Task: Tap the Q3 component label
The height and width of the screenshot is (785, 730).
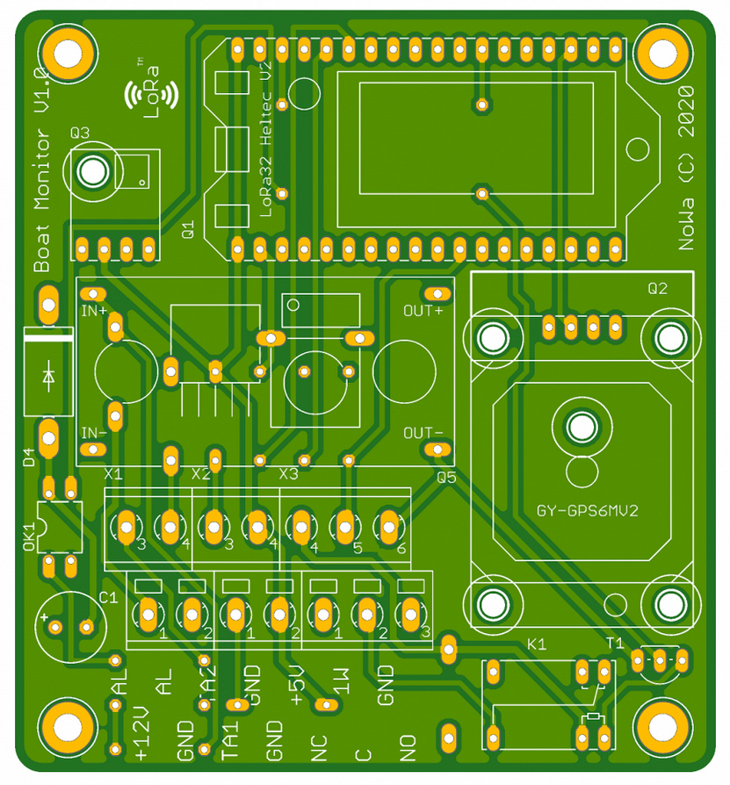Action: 80,133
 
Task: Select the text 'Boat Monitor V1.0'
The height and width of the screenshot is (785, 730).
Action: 40,167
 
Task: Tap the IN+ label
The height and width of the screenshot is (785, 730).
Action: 94,311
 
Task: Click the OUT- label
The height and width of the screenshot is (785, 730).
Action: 423,433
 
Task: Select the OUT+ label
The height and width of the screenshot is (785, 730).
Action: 423,311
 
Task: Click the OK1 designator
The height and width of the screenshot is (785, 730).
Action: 28,537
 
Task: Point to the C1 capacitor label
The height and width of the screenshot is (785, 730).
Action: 108,598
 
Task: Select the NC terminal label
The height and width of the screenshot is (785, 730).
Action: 319,749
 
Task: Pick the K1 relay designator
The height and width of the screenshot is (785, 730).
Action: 537,645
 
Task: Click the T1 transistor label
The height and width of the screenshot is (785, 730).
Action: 615,643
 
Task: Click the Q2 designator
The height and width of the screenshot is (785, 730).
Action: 657,288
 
